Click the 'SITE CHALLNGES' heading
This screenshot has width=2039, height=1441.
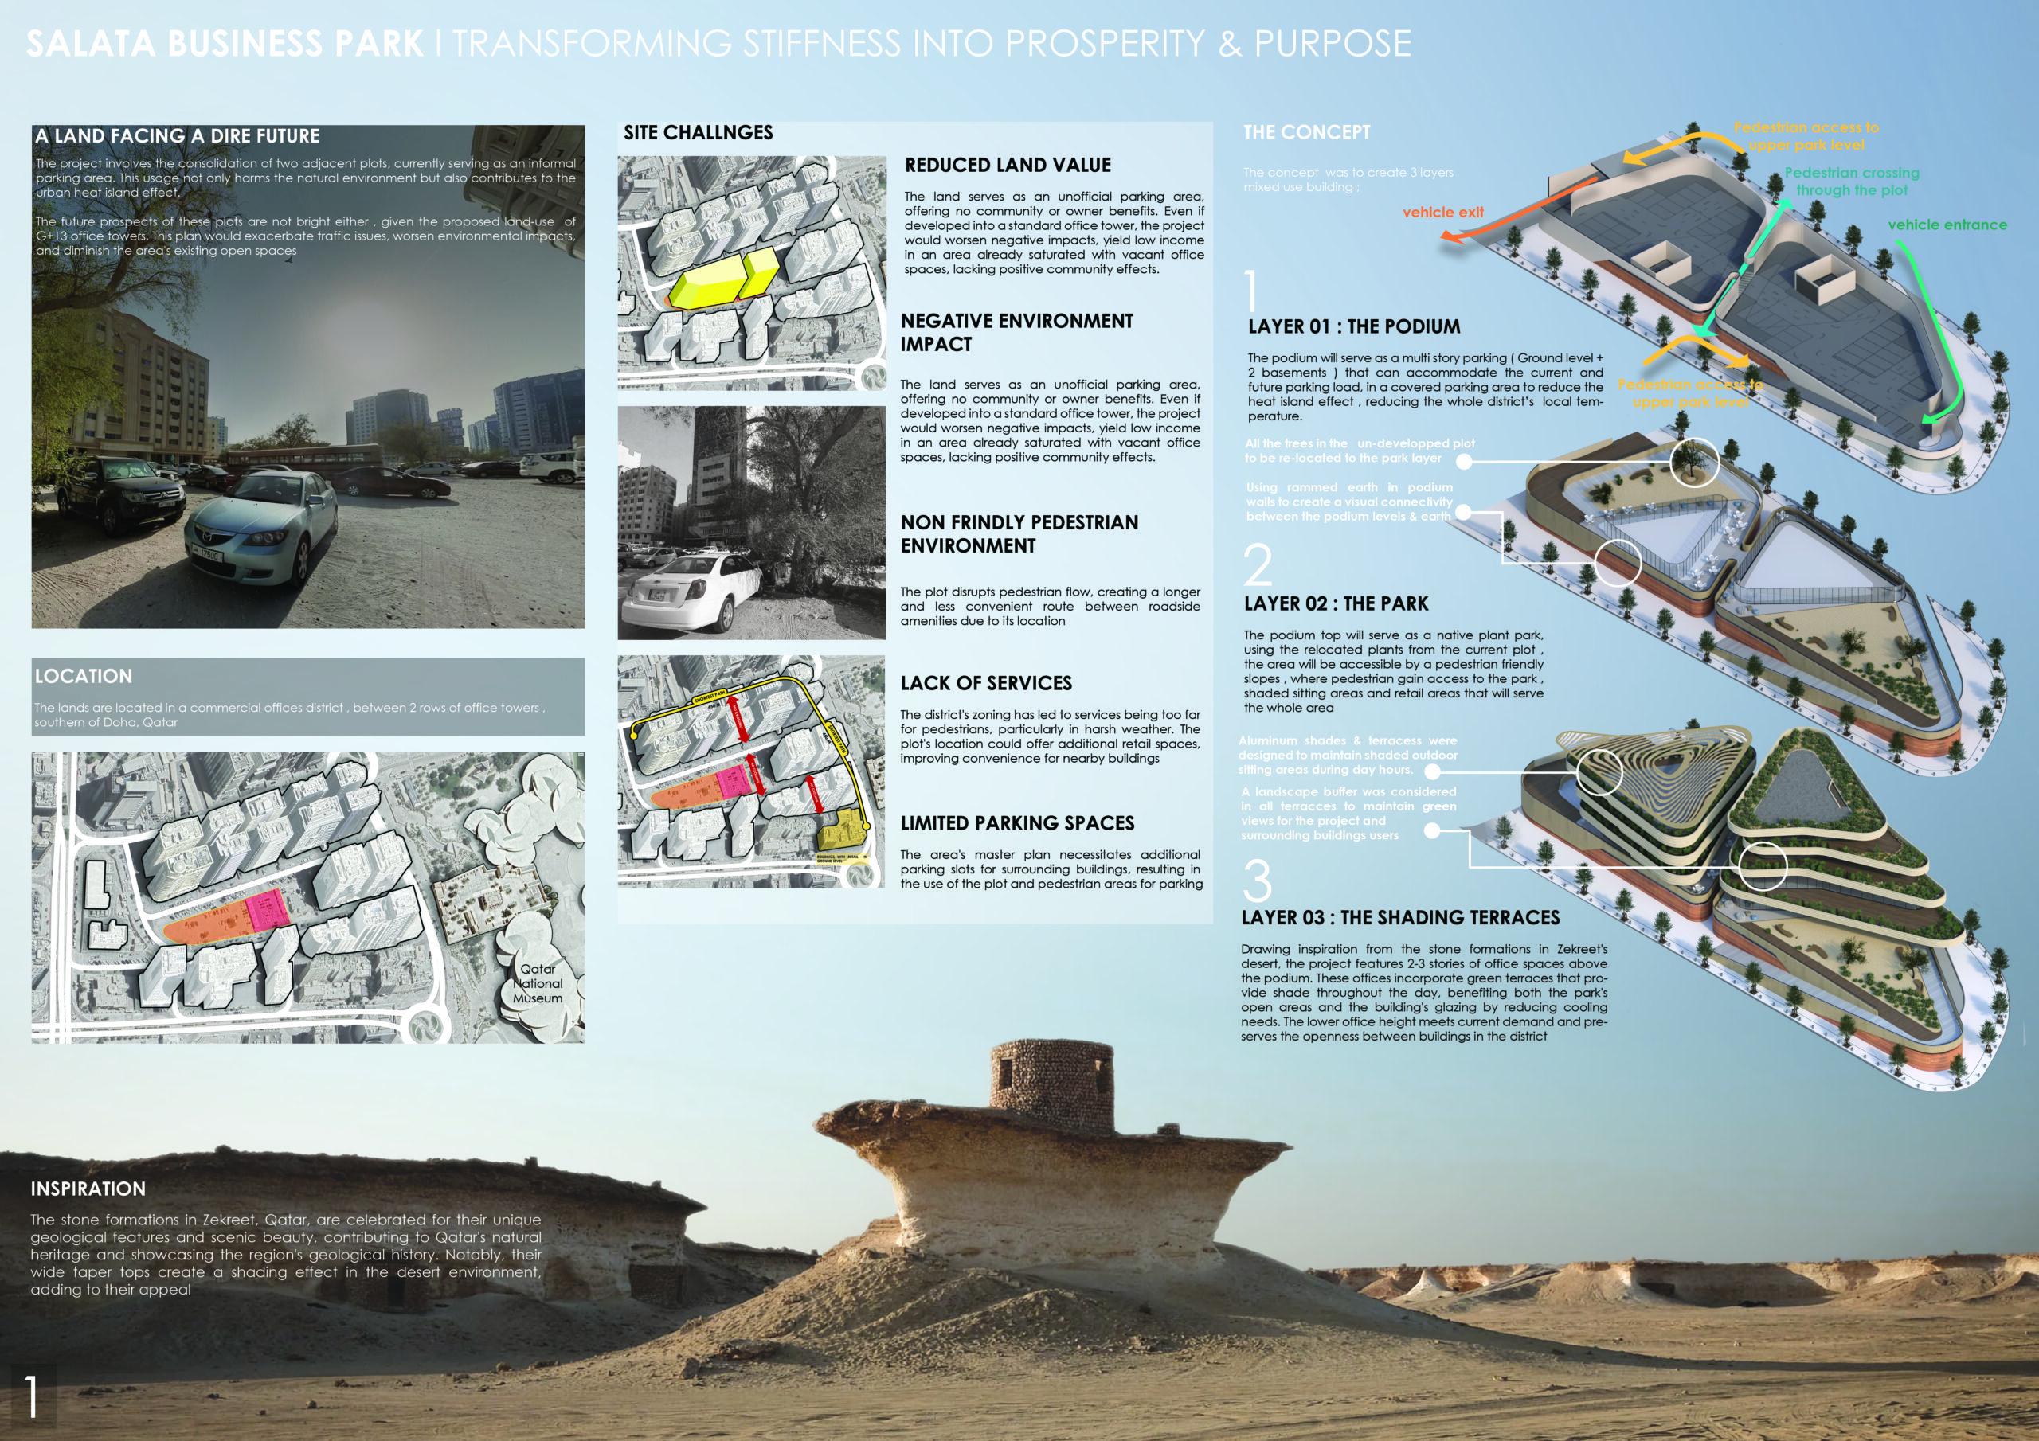click(698, 133)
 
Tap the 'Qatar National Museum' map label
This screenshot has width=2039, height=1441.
click(538, 984)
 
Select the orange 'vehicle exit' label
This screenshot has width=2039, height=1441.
click(1443, 213)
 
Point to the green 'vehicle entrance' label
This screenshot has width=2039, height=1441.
click(1947, 225)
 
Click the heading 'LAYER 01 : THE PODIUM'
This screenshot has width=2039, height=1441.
click(1353, 326)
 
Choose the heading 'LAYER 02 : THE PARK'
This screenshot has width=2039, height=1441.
click(1336, 603)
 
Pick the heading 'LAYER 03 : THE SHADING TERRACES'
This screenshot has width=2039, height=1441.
click(1400, 918)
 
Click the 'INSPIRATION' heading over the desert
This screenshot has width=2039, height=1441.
click(88, 1189)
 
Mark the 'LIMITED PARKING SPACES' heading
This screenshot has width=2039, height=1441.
click(1017, 824)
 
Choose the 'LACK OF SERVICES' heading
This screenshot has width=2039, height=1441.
click(986, 684)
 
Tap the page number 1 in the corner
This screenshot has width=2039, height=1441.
click(32, 1396)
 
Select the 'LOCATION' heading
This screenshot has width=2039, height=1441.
click(84, 677)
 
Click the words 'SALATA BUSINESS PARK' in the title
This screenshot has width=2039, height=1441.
click(225, 45)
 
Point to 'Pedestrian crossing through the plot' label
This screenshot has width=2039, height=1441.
click(1852, 182)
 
